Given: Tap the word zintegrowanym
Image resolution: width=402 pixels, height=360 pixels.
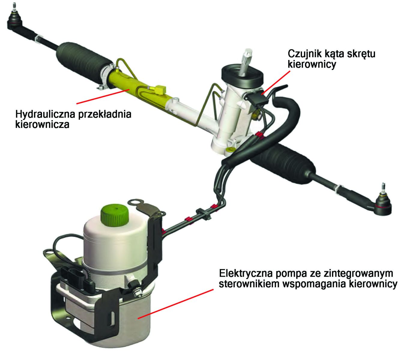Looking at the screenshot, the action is [358, 274].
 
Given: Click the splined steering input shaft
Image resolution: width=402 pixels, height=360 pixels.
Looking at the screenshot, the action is [246, 62].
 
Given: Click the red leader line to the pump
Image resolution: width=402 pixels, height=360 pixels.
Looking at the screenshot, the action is [176, 304].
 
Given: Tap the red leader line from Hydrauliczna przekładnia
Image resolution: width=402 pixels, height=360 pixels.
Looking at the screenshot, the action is [103, 96].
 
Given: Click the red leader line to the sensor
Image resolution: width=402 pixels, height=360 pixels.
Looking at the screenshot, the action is [276, 82].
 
